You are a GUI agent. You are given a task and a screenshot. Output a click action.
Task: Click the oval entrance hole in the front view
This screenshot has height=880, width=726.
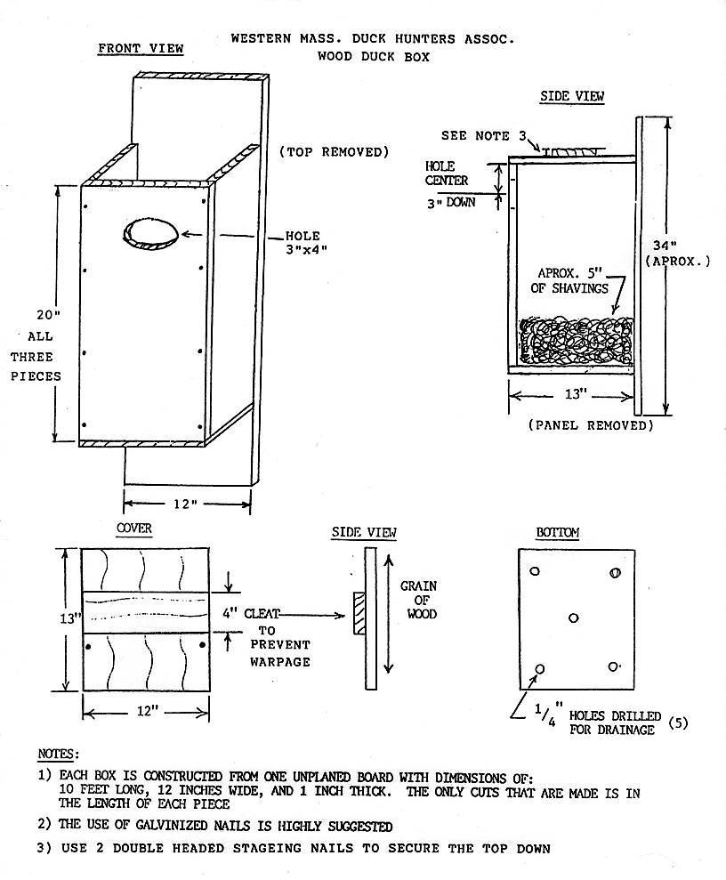pos(150,232)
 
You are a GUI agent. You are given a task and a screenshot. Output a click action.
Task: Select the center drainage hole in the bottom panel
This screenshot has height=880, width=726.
pos(574,618)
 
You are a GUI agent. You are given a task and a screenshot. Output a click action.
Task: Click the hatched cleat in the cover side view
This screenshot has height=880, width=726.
pos(359,614)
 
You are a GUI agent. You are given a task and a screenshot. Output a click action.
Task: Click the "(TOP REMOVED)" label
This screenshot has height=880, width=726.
pos(335,152)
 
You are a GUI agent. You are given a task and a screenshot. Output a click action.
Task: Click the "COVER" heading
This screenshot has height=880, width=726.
pos(134,529)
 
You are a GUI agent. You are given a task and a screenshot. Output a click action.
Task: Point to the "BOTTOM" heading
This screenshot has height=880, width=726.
pos(558,533)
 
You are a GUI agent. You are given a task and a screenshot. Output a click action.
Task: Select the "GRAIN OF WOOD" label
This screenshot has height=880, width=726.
pos(418,601)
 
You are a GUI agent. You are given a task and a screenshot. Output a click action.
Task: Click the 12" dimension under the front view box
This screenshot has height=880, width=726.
pos(184,504)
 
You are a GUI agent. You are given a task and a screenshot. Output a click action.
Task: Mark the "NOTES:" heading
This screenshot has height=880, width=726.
pos(59,755)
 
